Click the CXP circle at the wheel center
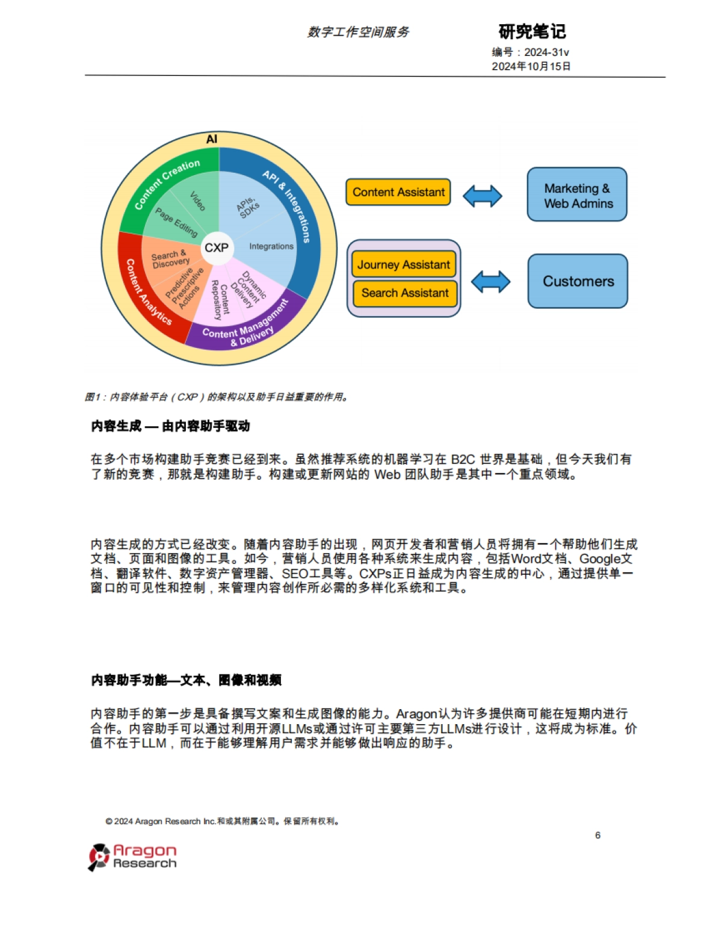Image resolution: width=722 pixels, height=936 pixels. pyautogui.click(x=217, y=247)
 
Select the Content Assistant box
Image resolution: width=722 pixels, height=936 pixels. pyautogui.click(x=398, y=192)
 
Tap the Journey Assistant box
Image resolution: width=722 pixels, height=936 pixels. pyautogui.click(x=404, y=264)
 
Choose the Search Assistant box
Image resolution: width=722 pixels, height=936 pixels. pyautogui.click(x=405, y=293)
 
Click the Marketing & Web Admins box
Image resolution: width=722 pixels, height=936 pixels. pyautogui.click(x=578, y=195)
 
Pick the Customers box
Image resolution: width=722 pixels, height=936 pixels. pyautogui.click(x=578, y=281)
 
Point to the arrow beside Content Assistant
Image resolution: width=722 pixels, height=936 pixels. pyautogui.click(x=483, y=196)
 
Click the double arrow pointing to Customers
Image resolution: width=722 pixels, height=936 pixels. pyautogui.click(x=490, y=281)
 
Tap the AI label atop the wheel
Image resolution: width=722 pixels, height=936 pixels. pyautogui.click(x=212, y=139)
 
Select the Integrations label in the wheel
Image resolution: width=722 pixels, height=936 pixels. pyautogui.click(x=271, y=246)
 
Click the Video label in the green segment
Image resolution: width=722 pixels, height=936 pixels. pyautogui.click(x=197, y=201)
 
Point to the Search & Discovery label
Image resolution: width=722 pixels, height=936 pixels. pyautogui.click(x=170, y=259)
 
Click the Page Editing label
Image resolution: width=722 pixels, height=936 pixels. pyautogui.click(x=176, y=222)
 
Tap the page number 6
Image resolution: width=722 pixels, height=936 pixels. pyautogui.click(x=597, y=835)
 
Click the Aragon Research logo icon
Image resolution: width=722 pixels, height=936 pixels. pyautogui.click(x=99, y=857)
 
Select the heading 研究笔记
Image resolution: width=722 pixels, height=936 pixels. pyautogui.click(x=532, y=31)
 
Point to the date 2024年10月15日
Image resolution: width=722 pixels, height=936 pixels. pyautogui.click(x=531, y=66)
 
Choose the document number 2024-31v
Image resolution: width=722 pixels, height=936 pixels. pyautogui.click(x=546, y=52)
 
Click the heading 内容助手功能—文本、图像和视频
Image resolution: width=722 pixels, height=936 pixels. pyautogui.click(x=187, y=680)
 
